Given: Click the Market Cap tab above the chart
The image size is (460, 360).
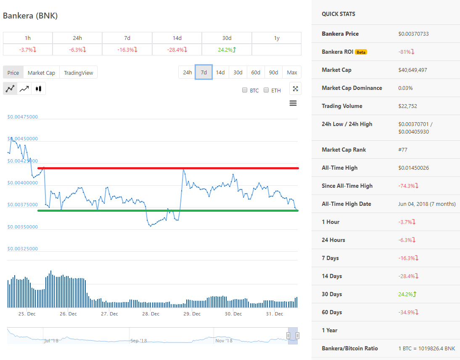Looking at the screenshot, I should [x=41, y=73].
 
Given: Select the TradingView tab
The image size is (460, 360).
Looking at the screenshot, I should [x=79, y=73].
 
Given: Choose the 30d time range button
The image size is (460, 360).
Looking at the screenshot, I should [x=238, y=72].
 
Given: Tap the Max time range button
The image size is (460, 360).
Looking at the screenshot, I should [x=292, y=72].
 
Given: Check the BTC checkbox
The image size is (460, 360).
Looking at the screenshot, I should [x=245, y=90].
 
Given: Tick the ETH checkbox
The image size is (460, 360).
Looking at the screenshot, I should [x=266, y=90].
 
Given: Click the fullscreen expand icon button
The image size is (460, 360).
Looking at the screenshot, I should [x=295, y=88].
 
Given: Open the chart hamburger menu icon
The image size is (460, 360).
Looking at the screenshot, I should [x=293, y=103].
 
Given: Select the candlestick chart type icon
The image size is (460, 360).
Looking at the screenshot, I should [x=39, y=89].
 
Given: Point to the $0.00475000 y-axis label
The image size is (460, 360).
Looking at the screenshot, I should [x=23, y=116].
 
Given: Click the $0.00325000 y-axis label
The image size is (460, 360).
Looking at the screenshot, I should [x=23, y=249].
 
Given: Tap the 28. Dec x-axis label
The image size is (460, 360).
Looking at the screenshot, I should [x=151, y=314].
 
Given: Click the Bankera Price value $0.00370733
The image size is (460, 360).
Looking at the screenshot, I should [x=413, y=34].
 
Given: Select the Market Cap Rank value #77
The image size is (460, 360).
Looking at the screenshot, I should [x=403, y=150].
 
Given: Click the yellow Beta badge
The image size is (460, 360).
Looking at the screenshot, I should [x=361, y=52].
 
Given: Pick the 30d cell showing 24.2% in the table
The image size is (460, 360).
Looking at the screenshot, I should [x=227, y=50].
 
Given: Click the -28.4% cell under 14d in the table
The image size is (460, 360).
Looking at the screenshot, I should [x=177, y=50].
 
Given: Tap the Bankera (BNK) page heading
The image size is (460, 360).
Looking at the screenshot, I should [x=30, y=16].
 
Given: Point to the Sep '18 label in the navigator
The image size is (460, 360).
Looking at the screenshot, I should [x=138, y=341].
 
